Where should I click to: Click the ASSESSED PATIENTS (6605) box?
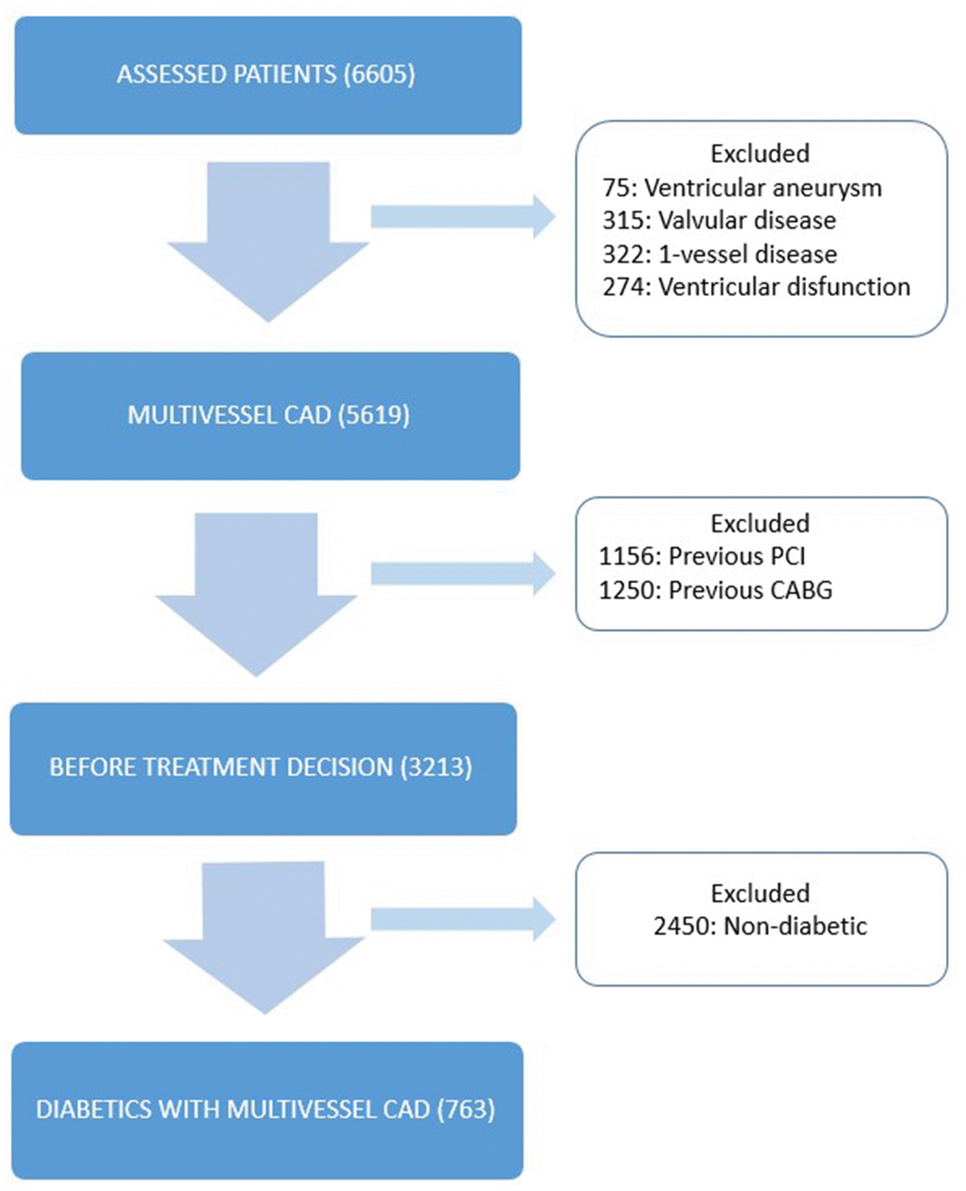[x=267, y=75]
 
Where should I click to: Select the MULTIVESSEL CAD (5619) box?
[x=270, y=415]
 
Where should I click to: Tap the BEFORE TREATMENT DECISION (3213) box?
[x=262, y=767]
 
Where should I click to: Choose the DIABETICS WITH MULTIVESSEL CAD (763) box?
[x=266, y=1109]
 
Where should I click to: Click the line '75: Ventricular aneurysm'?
[x=742, y=187]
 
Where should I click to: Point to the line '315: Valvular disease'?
[x=719, y=220]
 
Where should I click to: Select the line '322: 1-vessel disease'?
[x=720, y=254]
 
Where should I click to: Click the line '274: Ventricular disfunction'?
[x=756, y=286]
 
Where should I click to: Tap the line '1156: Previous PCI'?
[x=702, y=556]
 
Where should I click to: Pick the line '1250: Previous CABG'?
[x=716, y=589]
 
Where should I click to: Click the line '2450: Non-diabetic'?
[x=760, y=926]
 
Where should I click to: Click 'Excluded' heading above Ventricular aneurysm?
[x=760, y=153]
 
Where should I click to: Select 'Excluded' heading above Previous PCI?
[x=760, y=523]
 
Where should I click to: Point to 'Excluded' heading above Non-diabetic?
[x=760, y=893]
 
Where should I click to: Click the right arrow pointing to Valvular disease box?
[x=462, y=217]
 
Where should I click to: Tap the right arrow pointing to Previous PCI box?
[x=462, y=572]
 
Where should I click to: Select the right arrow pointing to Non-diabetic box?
[x=462, y=919]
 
